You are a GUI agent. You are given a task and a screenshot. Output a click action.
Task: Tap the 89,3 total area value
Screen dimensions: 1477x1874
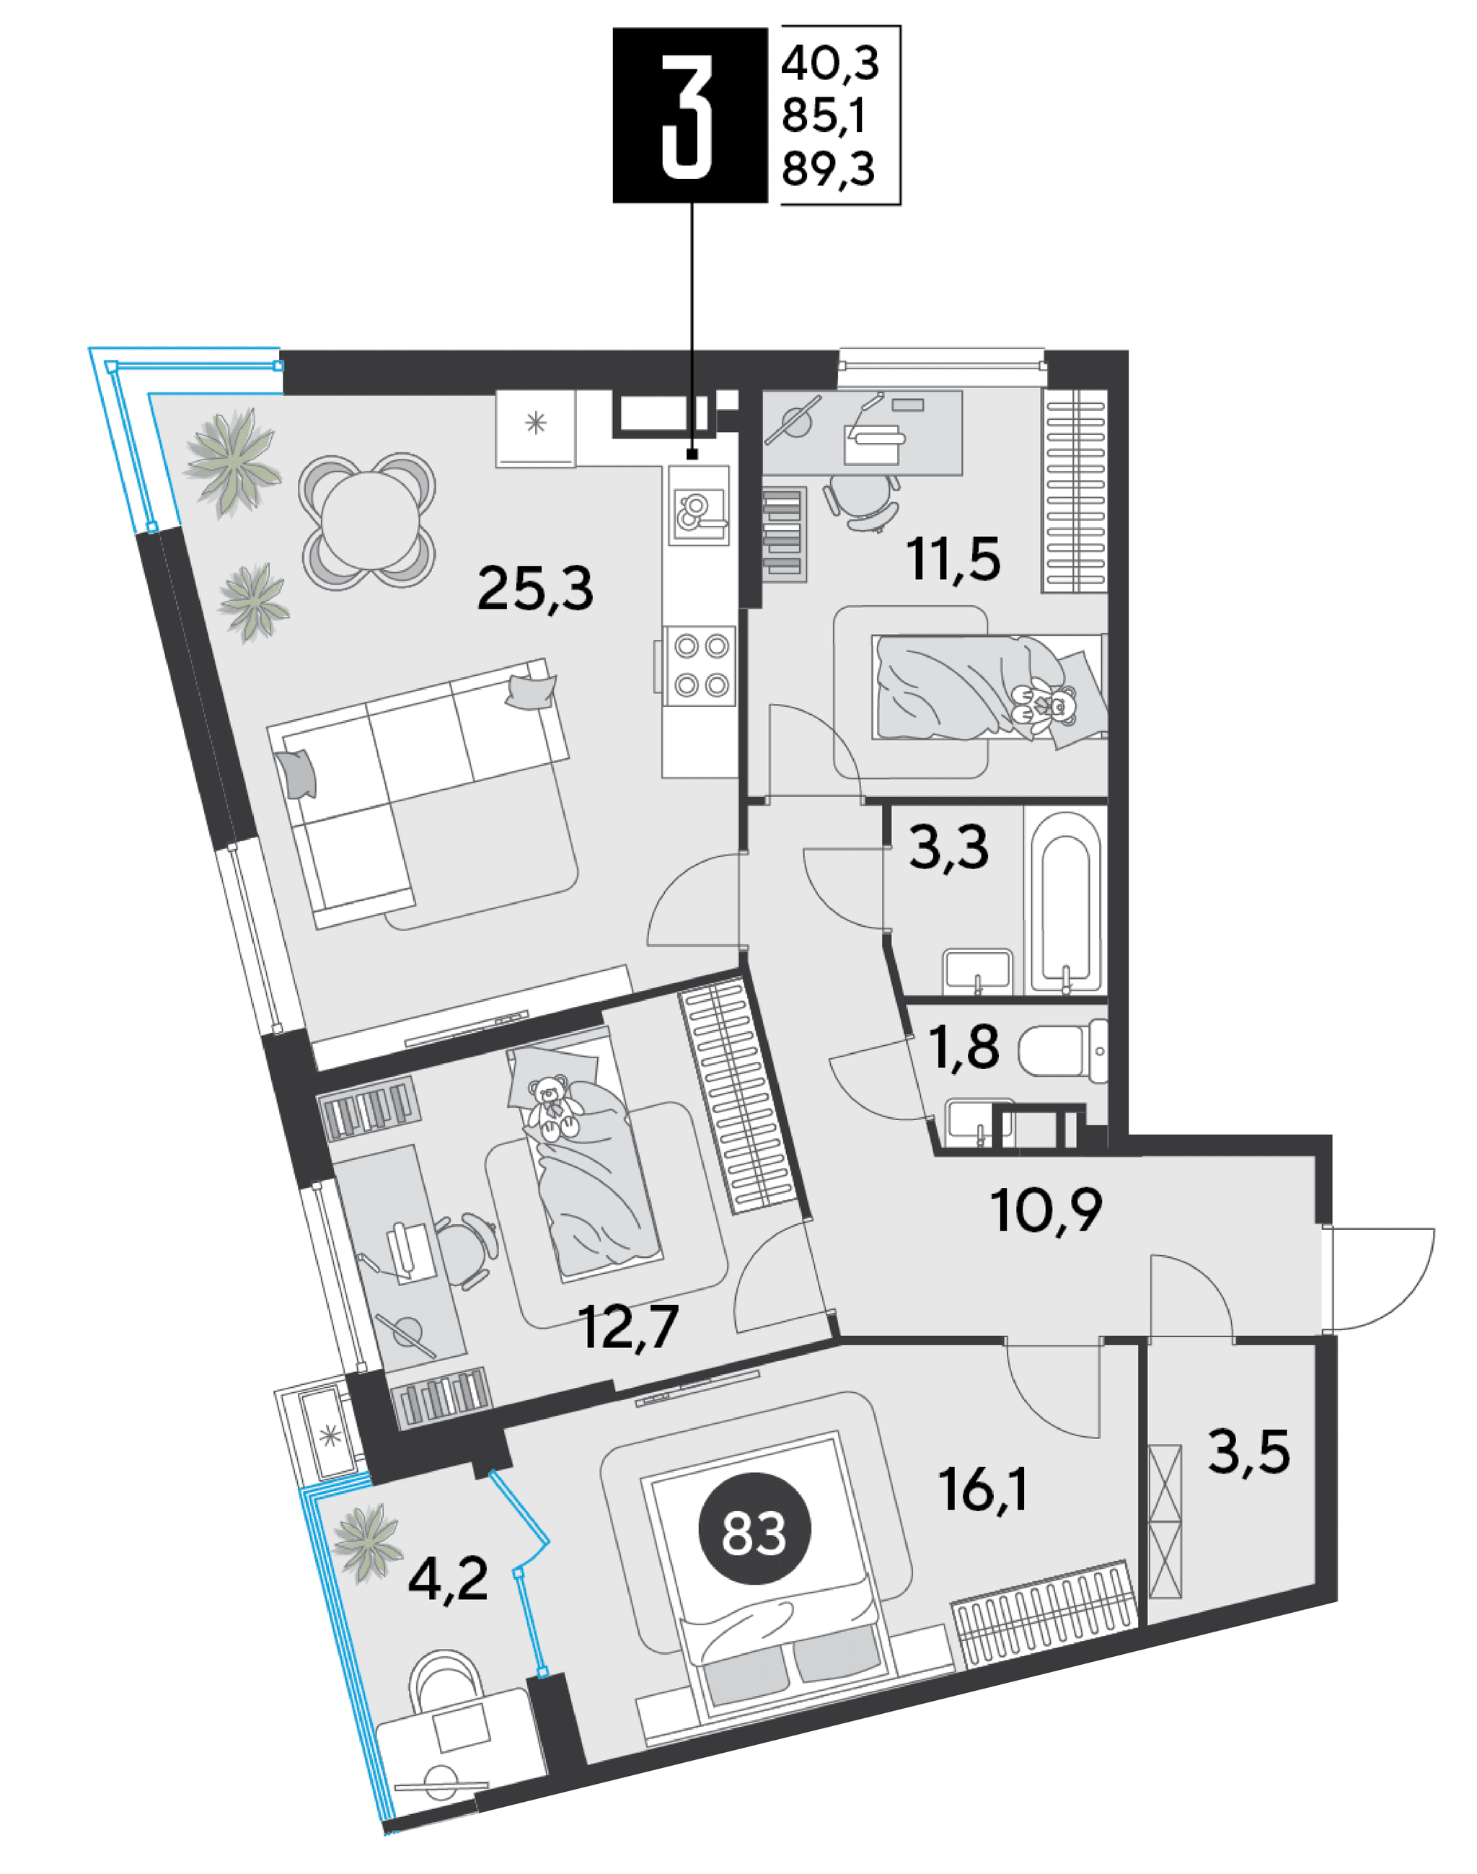pos(829,170)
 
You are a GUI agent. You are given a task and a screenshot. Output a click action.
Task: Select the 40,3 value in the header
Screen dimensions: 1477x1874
pos(829,64)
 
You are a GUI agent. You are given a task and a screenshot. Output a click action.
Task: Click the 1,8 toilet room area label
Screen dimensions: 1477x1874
pos(964,1047)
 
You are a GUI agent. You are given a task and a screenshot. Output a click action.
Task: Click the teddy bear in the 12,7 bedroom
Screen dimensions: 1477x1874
pos(551,1108)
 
